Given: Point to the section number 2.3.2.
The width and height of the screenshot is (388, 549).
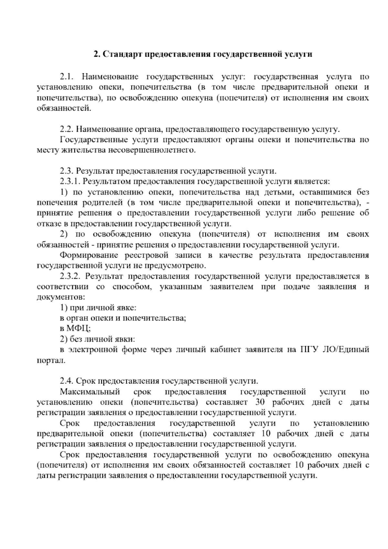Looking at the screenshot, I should point(71,276).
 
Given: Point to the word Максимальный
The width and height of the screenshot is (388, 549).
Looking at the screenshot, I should point(90,392).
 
